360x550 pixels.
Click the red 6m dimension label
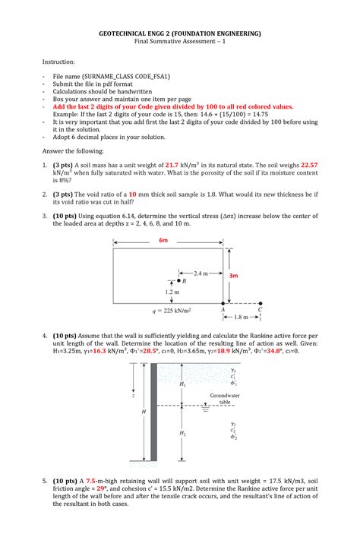pyautogui.click(x=163, y=241)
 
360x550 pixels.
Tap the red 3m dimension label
pyautogui.click(x=234, y=277)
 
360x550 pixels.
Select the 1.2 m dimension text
pyautogui.click(x=173, y=291)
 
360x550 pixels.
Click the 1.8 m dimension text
pyautogui.click(x=242, y=316)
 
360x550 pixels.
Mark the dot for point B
pyautogui.click(x=179, y=281)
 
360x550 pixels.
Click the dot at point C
pyautogui.click(x=261, y=302)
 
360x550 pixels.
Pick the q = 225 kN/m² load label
pyautogui.click(x=172, y=310)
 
